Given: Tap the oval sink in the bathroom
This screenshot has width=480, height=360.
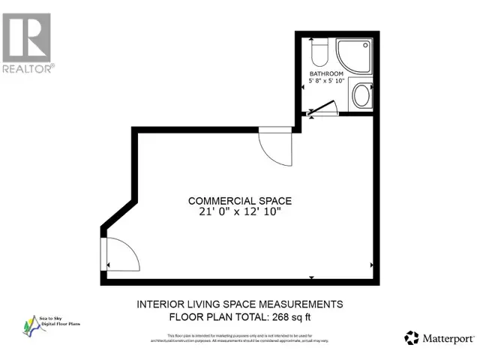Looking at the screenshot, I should pos(361,97).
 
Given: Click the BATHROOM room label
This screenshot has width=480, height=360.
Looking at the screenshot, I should pos(327,73).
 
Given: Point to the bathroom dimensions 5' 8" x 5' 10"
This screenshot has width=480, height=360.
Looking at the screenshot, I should pos(327,82).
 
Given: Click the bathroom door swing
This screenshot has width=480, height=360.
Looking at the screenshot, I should pos(320,110).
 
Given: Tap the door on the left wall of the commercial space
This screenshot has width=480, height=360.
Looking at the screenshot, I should pos(120,255).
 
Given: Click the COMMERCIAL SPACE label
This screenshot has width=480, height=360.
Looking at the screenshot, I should pos(239,200).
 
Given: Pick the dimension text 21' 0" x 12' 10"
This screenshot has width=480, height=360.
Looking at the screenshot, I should pos(239,212).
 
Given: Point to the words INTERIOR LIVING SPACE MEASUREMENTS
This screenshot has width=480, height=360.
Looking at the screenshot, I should pos(239,304).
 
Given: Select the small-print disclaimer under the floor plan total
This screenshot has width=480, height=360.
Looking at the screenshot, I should pos(239,339).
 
